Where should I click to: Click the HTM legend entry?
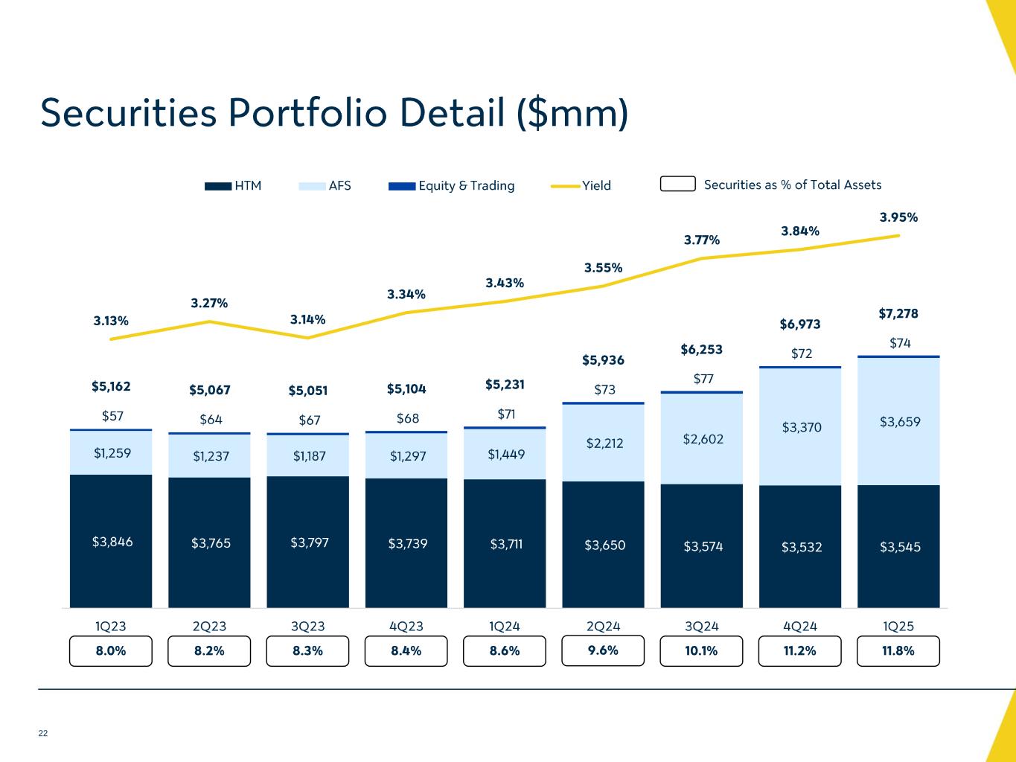point(233,185)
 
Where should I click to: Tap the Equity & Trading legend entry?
point(451,185)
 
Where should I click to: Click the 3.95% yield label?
point(898,218)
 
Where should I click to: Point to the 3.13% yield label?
point(111,321)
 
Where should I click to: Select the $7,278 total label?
point(898,314)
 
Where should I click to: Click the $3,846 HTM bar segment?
point(112,542)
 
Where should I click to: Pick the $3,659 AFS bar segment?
point(899,422)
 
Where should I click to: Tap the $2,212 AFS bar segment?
point(604,444)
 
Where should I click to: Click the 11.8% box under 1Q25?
point(898,651)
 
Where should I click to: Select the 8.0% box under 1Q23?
point(111,651)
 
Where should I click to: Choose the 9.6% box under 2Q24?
point(603,650)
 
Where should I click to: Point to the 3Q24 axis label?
point(701,627)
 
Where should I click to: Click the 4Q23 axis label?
point(406,627)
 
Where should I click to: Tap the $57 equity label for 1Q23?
point(112,416)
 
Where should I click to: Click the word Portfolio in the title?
point(307,113)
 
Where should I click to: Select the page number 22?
point(43,734)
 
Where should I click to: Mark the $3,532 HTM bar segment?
point(800,547)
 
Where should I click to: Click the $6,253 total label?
point(701,350)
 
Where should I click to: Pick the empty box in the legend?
point(677,184)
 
